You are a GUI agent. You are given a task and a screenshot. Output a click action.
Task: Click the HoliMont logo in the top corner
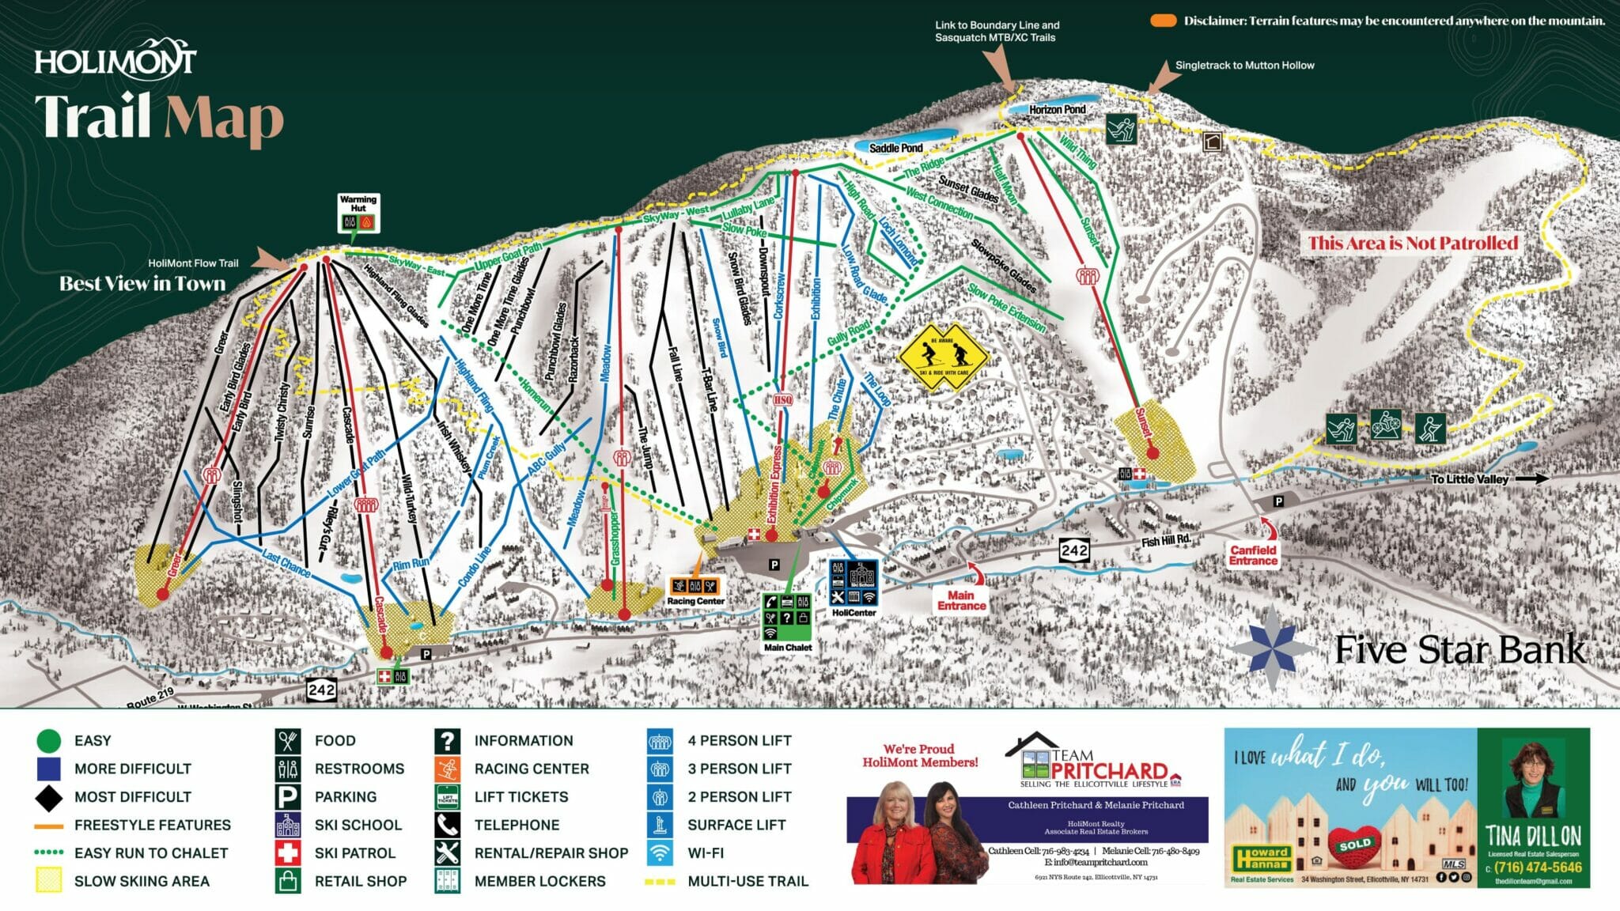pos(115,59)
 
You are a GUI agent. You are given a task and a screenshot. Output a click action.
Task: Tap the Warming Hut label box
pos(358,204)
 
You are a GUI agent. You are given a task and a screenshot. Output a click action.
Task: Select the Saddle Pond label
pos(895,148)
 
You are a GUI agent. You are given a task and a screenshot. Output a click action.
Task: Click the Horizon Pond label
pos(1057,109)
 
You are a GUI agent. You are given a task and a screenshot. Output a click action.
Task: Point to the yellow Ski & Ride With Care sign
pos(943,357)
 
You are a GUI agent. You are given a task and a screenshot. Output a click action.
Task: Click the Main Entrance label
pos(961,600)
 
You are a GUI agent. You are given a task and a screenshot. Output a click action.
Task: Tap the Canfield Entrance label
pos(1253,555)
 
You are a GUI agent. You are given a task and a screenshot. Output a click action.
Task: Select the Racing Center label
pos(695,601)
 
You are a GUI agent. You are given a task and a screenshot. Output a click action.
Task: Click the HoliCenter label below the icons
pos(854,612)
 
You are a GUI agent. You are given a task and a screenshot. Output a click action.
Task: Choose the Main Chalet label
pos(787,647)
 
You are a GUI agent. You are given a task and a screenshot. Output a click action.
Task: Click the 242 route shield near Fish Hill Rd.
pos(1074,550)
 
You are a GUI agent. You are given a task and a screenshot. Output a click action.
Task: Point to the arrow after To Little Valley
pos(1532,478)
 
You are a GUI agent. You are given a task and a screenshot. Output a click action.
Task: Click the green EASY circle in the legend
pos(49,741)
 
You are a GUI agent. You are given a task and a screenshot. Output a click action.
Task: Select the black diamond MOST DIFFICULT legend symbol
pos(49,797)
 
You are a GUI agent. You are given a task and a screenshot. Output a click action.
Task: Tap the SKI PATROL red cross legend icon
pos(288,853)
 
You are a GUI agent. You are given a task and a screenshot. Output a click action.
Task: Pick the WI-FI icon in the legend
pos(660,853)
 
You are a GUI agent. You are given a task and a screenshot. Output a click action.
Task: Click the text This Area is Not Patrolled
pos(1413,243)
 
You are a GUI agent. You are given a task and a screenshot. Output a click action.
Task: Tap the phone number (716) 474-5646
pos(1538,868)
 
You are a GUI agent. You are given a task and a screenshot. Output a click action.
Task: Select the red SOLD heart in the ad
pos(1354,844)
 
